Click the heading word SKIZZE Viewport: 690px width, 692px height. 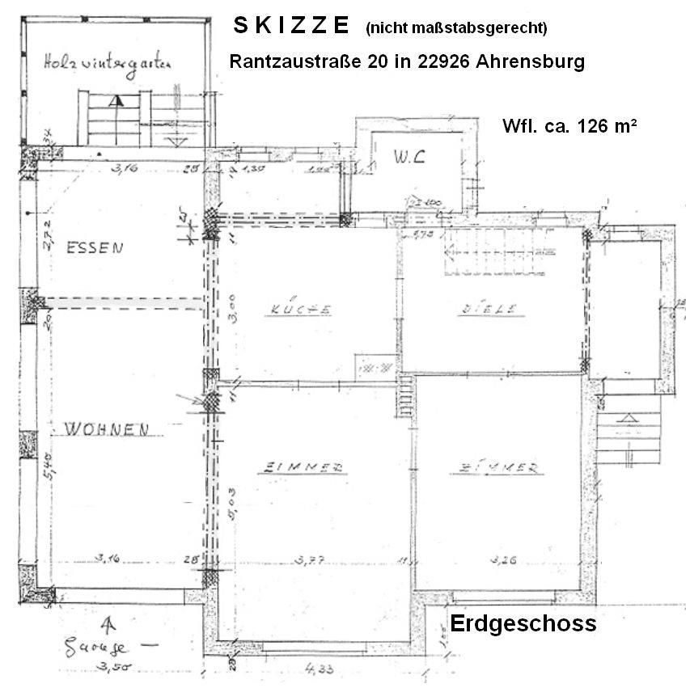point(290,26)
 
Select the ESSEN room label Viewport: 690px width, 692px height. point(95,248)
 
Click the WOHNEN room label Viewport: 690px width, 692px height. point(96,429)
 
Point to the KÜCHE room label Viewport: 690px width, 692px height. point(301,310)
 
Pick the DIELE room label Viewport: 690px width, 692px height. point(487,308)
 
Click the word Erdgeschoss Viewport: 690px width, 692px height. point(523,624)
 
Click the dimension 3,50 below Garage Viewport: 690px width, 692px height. point(112,668)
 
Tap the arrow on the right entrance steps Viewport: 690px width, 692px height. point(627,419)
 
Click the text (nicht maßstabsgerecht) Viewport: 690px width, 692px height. point(456,28)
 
